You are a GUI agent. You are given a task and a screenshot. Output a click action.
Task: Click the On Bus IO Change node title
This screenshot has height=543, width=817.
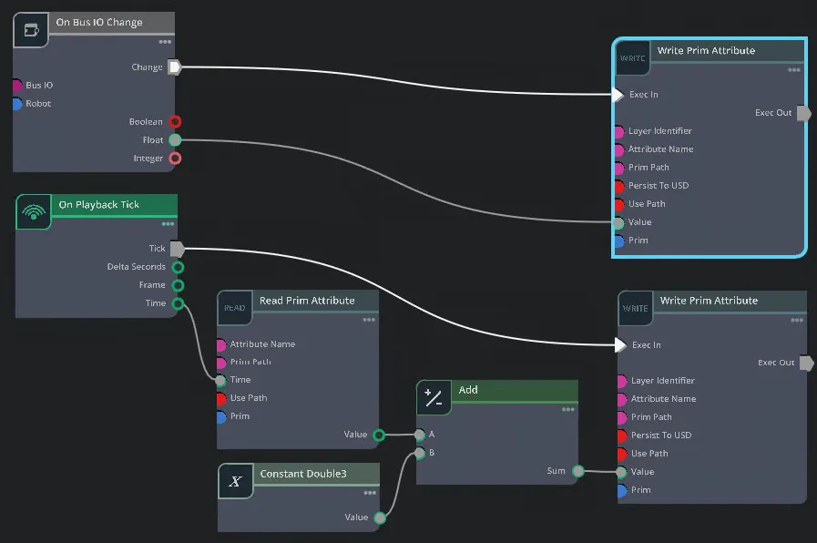[x=99, y=23]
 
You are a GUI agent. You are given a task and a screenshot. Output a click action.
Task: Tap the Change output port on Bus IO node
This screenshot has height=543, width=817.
[x=175, y=67]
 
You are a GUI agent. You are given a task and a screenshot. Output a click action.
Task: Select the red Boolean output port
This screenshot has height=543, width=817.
[x=175, y=121]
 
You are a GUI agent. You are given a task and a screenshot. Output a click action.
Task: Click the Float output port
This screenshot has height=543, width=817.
[x=175, y=139]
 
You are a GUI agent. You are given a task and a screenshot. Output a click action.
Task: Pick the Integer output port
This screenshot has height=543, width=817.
[x=175, y=158]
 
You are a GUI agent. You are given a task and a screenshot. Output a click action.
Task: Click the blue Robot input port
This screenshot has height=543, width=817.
[x=17, y=103]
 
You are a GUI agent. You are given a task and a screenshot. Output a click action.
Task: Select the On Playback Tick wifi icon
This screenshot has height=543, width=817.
[x=34, y=212]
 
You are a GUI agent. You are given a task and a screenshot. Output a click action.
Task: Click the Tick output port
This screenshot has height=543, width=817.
[x=178, y=248]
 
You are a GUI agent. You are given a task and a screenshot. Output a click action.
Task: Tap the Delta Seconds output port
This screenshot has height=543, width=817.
[x=178, y=267]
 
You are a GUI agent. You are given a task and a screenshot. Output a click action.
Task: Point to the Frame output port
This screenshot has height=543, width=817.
[x=178, y=285]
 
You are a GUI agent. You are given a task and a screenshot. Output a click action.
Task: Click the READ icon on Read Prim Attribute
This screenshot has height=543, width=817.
[x=235, y=308]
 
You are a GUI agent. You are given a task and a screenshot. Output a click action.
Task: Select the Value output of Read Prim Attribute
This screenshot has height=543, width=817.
[x=379, y=435]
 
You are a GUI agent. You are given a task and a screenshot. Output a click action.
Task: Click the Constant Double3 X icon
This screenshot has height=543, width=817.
[x=236, y=481]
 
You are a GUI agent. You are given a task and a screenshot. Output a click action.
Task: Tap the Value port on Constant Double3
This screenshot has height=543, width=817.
[x=379, y=517]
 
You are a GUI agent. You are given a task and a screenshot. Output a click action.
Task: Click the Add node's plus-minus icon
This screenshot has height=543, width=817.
[x=434, y=397]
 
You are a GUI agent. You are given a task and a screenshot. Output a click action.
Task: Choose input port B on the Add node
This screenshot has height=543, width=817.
[x=420, y=453]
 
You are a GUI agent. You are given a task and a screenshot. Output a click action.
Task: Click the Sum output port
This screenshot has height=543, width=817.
[x=577, y=471]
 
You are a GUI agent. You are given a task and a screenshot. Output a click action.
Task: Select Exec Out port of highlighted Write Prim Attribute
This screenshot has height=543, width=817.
[x=802, y=113]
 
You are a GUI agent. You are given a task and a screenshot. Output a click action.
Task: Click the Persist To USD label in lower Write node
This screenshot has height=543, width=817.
[x=661, y=435]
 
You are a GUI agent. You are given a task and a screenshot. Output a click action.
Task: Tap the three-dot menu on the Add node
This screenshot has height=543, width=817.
[x=567, y=410]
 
